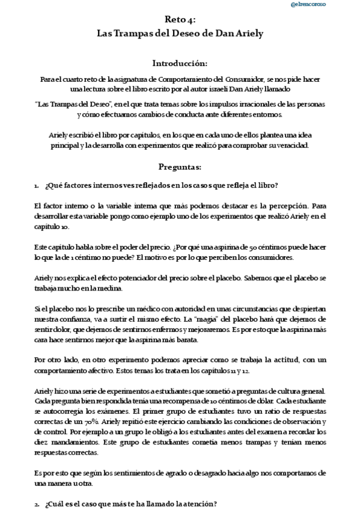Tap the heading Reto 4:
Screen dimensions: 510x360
pyautogui.click(x=180, y=21)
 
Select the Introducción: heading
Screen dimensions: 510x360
pyautogui.click(x=180, y=63)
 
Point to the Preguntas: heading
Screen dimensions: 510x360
pyautogui.click(x=180, y=166)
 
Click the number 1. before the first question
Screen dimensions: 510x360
pyautogui.click(x=37, y=185)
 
